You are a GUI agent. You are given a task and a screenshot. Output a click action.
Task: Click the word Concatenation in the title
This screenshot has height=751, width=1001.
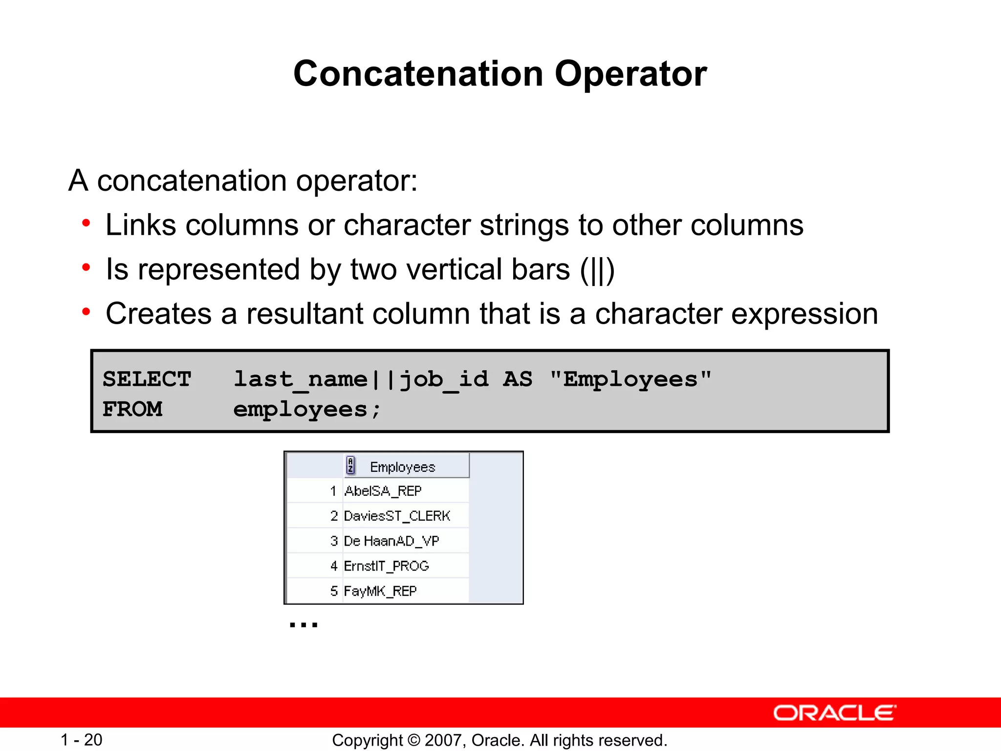pyautogui.click(x=418, y=74)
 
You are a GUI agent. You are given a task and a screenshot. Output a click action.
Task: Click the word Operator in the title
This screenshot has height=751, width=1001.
pyautogui.click(x=631, y=74)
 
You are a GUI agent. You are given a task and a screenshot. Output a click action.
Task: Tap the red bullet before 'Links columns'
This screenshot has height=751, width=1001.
pyautogui.click(x=87, y=224)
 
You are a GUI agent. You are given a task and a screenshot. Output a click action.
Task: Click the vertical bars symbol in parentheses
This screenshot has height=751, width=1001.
pyautogui.click(x=597, y=270)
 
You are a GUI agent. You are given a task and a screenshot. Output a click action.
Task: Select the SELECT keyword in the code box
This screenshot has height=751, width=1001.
pyautogui.click(x=147, y=379)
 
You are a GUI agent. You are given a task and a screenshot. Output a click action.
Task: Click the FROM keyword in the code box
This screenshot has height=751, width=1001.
pyautogui.click(x=132, y=409)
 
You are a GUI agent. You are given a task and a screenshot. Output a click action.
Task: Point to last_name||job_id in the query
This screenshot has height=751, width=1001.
pyautogui.click(x=361, y=379)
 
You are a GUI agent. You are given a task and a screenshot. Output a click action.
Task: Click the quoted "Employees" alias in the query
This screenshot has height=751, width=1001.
pyautogui.click(x=631, y=379)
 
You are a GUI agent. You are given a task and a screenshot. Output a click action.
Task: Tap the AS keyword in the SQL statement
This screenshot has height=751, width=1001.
pyautogui.click(x=518, y=379)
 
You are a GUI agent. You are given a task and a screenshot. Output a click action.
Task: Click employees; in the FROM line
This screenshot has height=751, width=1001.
pyautogui.click(x=306, y=410)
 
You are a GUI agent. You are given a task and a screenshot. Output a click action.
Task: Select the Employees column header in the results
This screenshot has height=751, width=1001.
pyautogui.click(x=402, y=467)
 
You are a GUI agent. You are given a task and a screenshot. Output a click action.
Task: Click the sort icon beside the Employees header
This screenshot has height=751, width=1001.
pyautogui.click(x=350, y=465)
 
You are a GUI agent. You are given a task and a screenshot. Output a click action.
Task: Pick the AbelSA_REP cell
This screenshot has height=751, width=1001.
pyautogui.click(x=383, y=491)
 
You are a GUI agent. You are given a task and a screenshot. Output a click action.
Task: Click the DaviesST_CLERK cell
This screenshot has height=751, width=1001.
pyautogui.click(x=397, y=516)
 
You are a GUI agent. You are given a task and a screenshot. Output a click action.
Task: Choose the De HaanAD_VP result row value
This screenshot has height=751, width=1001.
pyautogui.click(x=392, y=541)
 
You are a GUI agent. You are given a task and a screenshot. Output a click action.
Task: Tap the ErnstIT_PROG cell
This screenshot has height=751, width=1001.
pyautogui.click(x=386, y=566)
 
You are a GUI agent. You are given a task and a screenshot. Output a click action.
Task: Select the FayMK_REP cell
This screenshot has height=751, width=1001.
pyautogui.click(x=380, y=591)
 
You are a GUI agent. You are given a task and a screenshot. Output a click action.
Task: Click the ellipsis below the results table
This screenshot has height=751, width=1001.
pyautogui.click(x=304, y=624)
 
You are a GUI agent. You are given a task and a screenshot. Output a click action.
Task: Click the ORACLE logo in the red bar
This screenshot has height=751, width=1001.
pyautogui.click(x=834, y=713)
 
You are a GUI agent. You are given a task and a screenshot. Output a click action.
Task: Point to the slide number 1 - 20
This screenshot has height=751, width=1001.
pyautogui.click(x=81, y=740)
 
